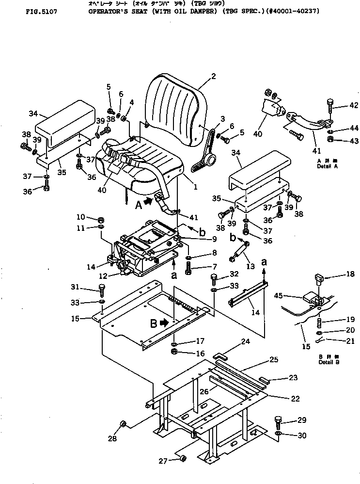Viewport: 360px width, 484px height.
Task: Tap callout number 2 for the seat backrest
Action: (213, 76)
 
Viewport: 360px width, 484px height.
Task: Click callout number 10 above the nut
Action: (81, 217)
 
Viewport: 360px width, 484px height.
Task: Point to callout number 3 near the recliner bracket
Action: (222, 118)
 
